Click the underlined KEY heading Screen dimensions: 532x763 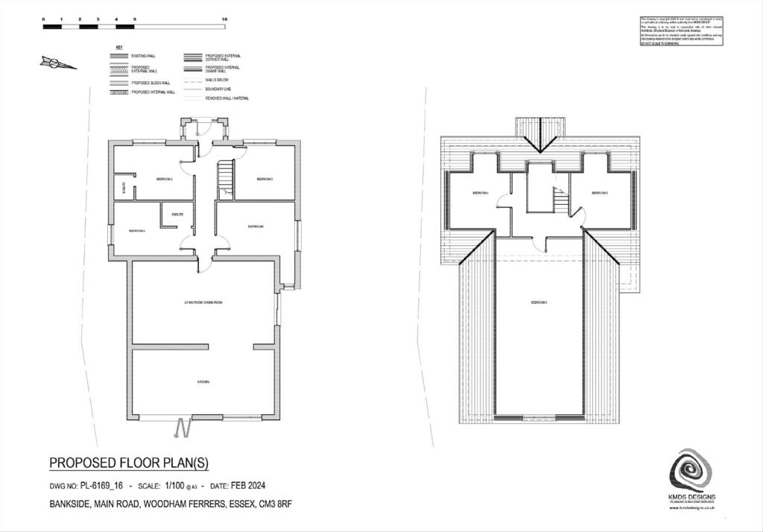pos(118,47)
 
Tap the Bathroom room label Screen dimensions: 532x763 pos(258,226)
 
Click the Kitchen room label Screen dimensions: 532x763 pos(203,381)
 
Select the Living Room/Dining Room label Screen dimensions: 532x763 pos(203,303)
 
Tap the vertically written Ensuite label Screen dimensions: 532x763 pos(124,189)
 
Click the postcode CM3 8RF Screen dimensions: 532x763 pos(275,504)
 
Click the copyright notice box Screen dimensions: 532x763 pos(682,31)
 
